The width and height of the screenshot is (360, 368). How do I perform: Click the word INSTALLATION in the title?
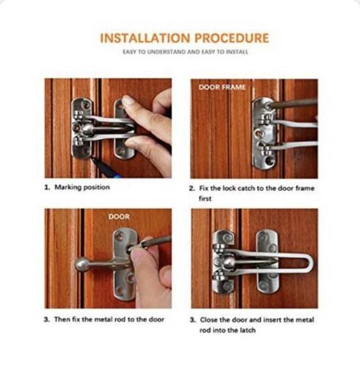[145, 38]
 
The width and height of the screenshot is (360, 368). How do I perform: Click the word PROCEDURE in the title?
[232, 38]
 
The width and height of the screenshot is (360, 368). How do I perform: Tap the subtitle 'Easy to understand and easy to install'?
[186, 52]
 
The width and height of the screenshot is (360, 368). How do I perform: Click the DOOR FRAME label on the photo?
[222, 87]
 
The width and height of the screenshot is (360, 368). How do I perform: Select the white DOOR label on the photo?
[119, 217]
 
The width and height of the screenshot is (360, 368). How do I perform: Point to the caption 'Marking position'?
[82, 187]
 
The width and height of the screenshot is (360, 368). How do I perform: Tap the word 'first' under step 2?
[205, 199]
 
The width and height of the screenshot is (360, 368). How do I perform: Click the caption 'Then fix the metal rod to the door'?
[109, 319]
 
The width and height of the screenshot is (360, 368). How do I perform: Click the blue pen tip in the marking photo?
[93, 159]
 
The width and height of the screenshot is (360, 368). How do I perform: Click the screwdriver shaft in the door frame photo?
[294, 104]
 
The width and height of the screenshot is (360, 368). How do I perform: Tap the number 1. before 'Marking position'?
[47, 187]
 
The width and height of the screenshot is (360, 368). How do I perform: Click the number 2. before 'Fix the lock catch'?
[192, 188]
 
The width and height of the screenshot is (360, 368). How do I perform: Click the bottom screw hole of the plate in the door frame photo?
[269, 161]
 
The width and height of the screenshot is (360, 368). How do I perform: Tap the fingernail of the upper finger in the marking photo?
[128, 101]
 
